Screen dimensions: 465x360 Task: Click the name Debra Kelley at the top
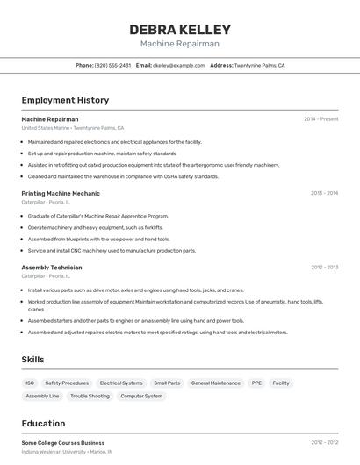[x=180, y=29]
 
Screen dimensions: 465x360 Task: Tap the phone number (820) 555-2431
[x=112, y=65]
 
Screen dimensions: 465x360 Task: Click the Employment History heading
[x=65, y=100]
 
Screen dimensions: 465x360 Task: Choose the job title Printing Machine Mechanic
[x=61, y=193]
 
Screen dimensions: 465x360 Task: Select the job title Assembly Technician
[x=52, y=268]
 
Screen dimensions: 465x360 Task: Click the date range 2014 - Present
[x=320, y=119]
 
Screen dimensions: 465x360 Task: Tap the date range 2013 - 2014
[x=324, y=193]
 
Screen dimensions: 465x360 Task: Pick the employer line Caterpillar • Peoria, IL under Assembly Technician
[x=46, y=276]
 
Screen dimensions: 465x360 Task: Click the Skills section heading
[x=32, y=360]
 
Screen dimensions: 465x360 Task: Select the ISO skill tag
[x=30, y=383]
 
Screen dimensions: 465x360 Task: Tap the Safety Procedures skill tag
[x=67, y=383]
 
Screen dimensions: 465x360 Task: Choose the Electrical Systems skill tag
[x=121, y=383]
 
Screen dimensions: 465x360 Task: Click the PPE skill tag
[x=256, y=383]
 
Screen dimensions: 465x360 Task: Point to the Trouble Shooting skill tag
[x=90, y=397]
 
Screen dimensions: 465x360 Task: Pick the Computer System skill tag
[x=141, y=397]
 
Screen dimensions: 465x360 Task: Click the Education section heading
[x=43, y=424]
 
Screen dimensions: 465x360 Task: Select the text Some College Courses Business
[x=62, y=443]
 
